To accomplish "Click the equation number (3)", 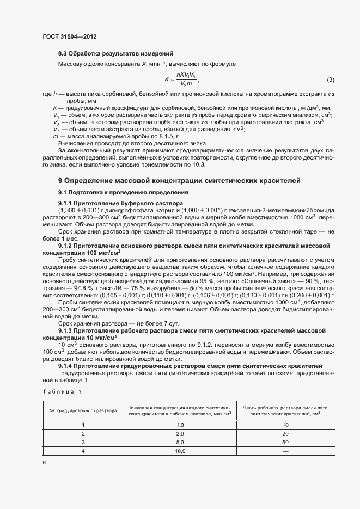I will coord(330,81).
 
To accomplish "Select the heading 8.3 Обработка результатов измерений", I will coord(116,53).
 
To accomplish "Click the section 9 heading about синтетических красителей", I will coord(180,180).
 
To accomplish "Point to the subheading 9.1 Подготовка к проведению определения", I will coord(123,192).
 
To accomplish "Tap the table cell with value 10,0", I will coord(180,451).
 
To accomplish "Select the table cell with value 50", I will coord(285,443).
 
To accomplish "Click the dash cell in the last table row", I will coord(285,451).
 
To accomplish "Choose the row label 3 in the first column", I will coord(83,443).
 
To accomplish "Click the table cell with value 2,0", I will coord(180,434).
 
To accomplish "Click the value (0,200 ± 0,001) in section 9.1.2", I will coord(313,295).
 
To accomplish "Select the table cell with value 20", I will coord(285,434).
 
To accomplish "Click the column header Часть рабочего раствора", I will coord(285,410).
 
